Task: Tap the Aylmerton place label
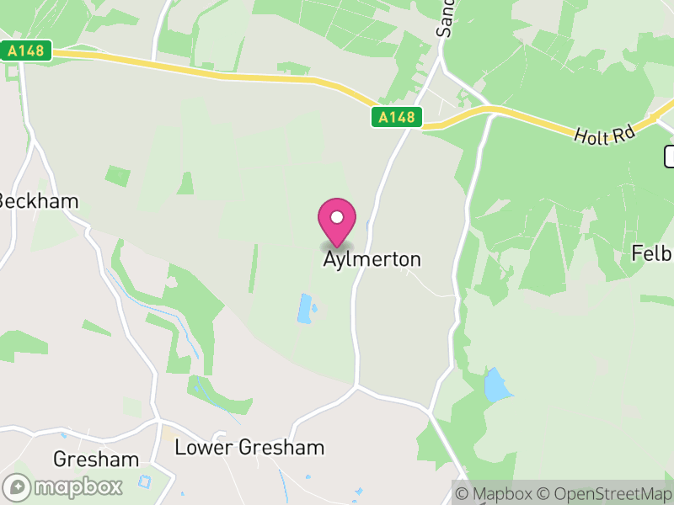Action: point(372,259)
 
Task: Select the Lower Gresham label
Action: point(249,447)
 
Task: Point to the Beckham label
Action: point(39,201)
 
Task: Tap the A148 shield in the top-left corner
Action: point(26,51)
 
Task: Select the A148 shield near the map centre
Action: point(397,117)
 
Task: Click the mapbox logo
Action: point(63,486)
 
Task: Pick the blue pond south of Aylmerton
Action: point(304,308)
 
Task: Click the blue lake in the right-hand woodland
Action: point(496,385)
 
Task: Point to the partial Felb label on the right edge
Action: point(654,253)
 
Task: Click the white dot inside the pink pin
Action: point(337,217)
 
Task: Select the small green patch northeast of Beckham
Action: point(118,176)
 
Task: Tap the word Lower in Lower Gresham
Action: point(199,447)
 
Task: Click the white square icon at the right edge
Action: point(670,156)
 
